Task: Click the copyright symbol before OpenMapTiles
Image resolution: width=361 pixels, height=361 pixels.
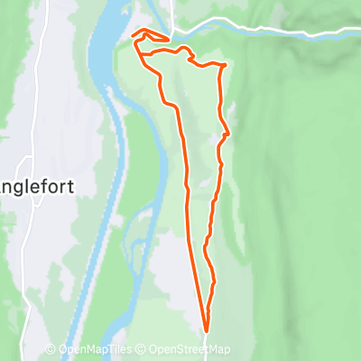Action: coord(51,350)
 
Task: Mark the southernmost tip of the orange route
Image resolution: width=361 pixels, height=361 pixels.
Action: coord(206,330)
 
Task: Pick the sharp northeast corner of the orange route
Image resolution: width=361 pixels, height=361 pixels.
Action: coord(223,65)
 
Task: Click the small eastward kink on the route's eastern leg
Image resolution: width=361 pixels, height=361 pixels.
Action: coord(227,134)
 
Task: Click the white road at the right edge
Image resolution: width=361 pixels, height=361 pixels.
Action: coord(352,32)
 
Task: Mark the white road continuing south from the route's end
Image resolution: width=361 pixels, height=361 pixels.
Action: coord(206,347)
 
